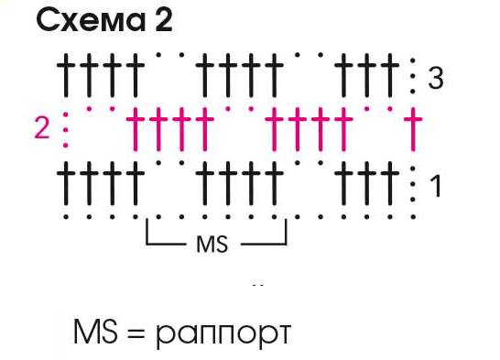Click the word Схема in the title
point(91,20)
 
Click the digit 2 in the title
point(164,20)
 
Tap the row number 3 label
point(436,78)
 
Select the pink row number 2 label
point(42,128)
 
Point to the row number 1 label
point(435,186)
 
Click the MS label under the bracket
point(212,245)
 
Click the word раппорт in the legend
point(223,333)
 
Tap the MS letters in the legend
point(95,331)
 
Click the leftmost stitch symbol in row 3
point(66,75)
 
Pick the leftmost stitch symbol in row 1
point(66,183)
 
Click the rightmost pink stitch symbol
point(413,129)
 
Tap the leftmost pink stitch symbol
point(136,129)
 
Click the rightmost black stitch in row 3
point(390,75)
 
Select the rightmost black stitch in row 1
point(390,183)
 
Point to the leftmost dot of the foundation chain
point(66,217)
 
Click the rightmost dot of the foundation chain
point(413,217)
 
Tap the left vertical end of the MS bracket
point(147,232)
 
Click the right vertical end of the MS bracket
point(286,232)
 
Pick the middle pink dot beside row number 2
point(66,130)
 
